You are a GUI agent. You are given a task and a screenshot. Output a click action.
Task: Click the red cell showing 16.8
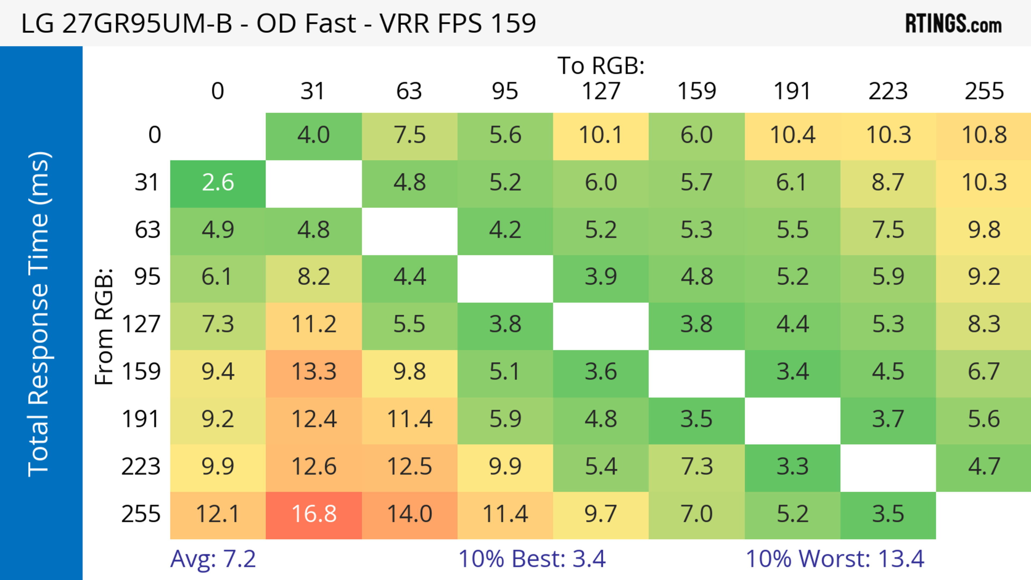314,515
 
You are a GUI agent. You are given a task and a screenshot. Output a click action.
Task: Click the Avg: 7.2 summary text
213,559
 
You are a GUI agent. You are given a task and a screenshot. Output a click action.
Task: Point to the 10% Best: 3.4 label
532,559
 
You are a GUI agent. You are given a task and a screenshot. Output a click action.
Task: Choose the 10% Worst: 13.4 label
835,559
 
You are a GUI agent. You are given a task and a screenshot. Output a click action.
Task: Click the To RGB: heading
601,65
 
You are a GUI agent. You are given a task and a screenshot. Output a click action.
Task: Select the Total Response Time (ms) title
39,314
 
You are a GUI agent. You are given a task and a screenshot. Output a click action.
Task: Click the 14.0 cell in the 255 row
409,515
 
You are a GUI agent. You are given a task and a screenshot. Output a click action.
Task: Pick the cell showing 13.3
314,372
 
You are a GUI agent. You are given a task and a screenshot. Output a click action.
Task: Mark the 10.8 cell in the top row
984,135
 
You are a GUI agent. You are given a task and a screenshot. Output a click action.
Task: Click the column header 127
601,91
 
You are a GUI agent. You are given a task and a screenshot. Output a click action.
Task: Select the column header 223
888,91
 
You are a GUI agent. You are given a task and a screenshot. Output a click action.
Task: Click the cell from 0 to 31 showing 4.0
314,135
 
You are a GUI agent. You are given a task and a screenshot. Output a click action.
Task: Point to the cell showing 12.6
314,467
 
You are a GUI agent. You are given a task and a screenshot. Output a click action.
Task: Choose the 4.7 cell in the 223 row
984,467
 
